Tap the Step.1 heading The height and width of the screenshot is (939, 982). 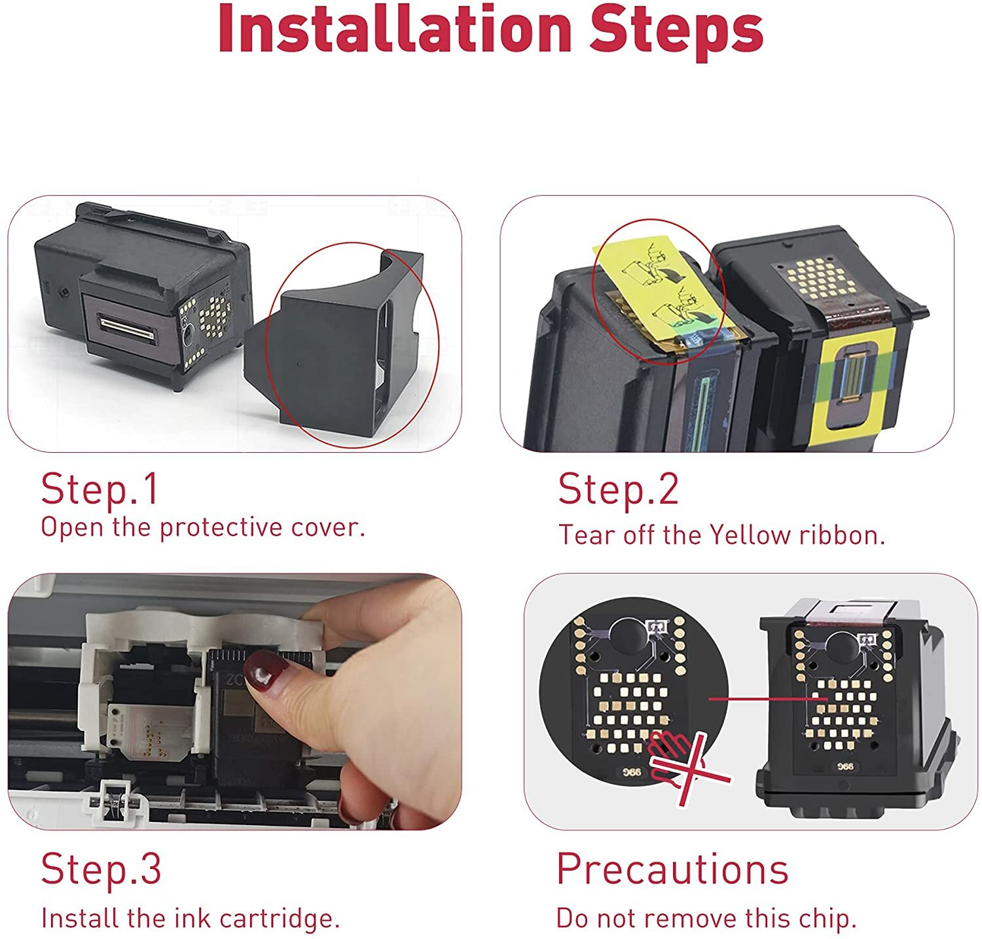point(100,489)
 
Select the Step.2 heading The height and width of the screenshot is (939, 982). point(619,489)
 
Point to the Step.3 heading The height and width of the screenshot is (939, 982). point(101,868)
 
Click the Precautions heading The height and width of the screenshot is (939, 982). point(672,869)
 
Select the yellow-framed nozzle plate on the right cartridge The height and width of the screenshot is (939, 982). point(858,376)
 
